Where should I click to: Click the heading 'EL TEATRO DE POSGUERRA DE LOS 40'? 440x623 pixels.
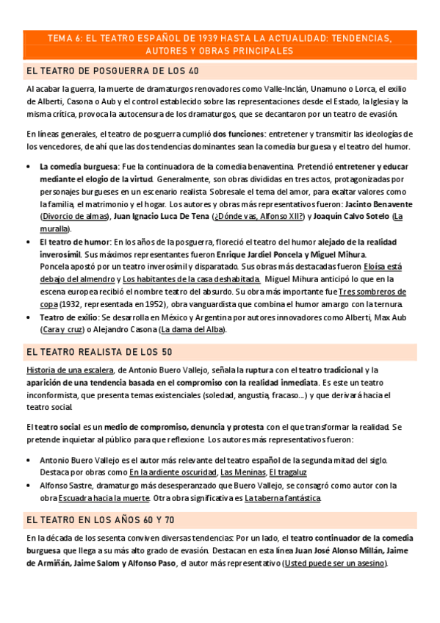tap(112, 71)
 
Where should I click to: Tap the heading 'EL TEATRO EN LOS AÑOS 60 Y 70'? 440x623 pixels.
tap(100, 519)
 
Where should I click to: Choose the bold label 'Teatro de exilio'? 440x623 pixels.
tap(68, 317)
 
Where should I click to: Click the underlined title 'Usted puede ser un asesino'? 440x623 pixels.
tap(335, 563)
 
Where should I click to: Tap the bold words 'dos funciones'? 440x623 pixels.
tap(239, 134)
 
